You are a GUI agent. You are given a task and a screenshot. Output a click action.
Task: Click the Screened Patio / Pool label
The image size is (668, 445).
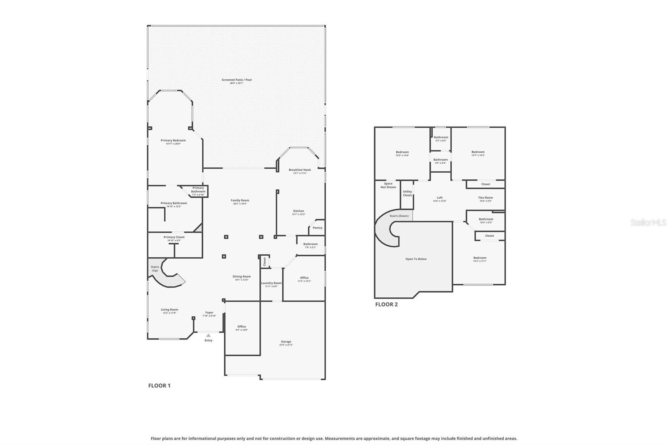pyautogui.click(x=236, y=80)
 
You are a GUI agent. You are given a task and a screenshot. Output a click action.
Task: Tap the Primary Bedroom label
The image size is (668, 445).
pyautogui.click(x=173, y=141)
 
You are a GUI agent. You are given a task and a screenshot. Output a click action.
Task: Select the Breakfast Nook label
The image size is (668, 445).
pyautogui.click(x=300, y=170)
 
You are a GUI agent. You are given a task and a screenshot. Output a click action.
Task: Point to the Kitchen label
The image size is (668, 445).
pyautogui.click(x=299, y=211)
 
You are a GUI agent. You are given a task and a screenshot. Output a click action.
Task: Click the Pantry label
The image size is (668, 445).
pyautogui.click(x=317, y=228)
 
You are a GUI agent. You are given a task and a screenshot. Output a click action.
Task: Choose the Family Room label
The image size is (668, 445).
pyautogui.click(x=240, y=200)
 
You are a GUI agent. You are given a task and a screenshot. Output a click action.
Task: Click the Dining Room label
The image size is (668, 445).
pyautogui.click(x=241, y=277)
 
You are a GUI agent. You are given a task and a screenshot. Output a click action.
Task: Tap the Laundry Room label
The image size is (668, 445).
pyautogui.click(x=271, y=283)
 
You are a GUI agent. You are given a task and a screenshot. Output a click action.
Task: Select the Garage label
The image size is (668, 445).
pyautogui.click(x=286, y=342)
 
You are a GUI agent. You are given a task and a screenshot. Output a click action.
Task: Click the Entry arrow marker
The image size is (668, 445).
pyautogui.click(x=208, y=335)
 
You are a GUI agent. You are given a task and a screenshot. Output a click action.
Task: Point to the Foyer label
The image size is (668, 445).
pyautogui.click(x=209, y=313)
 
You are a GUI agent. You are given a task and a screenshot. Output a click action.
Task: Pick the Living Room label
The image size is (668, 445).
pyautogui.click(x=170, y=310)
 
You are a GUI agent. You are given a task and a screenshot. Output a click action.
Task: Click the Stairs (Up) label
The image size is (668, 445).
pyautogui.click(x=155, y=268)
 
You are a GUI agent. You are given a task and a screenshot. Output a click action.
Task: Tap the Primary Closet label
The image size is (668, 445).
pyautogui.click(x=174, y=237)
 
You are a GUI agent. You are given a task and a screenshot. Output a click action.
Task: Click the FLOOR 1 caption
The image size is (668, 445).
pyautogui.click(x=159, y=386)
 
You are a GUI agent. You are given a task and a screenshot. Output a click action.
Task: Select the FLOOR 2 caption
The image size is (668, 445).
pyautogui.click(x=386, y=304)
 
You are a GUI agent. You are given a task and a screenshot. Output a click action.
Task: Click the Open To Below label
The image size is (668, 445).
pyautogui.click(x=416, y=259)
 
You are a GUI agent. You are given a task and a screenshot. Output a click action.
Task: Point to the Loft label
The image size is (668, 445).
pyautogui.click(x=439, y=198)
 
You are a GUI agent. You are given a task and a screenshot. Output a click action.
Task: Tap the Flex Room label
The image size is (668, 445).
pyautogui.click(x=486, y=198)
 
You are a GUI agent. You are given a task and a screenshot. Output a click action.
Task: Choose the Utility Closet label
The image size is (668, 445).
pyautogui.click(x=407, y=193)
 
